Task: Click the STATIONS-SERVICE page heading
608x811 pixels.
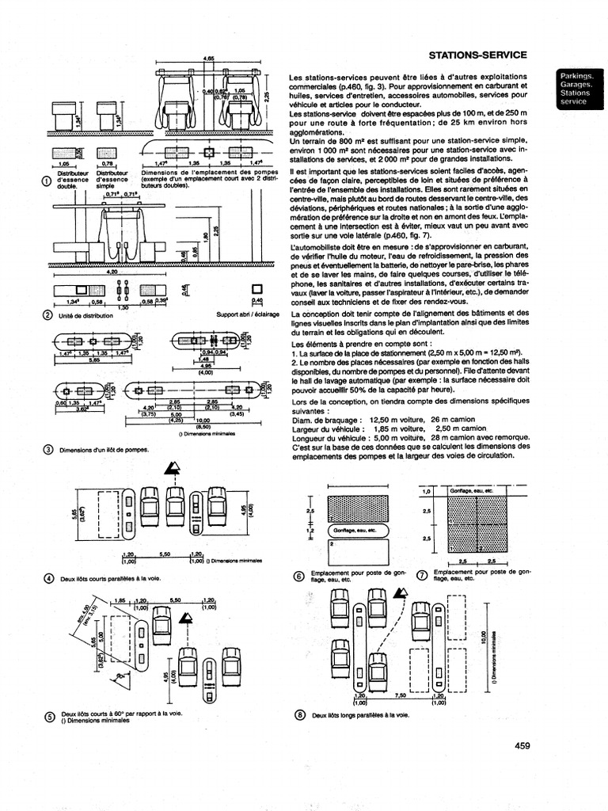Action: pos(477,55)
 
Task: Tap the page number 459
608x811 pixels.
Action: pos(522,744)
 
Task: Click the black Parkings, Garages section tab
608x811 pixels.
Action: pos(579,88)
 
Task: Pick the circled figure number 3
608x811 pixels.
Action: pos(47,450)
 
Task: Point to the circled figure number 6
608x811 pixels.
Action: pos(298,576)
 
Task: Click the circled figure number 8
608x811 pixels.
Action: pos(298,714)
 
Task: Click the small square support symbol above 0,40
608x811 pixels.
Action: pos(256,289)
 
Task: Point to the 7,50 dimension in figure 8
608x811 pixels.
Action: pos(401,695)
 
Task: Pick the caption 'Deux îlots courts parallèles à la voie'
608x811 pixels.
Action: pos(110,579)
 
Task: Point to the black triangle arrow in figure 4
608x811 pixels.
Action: pos(169,471)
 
